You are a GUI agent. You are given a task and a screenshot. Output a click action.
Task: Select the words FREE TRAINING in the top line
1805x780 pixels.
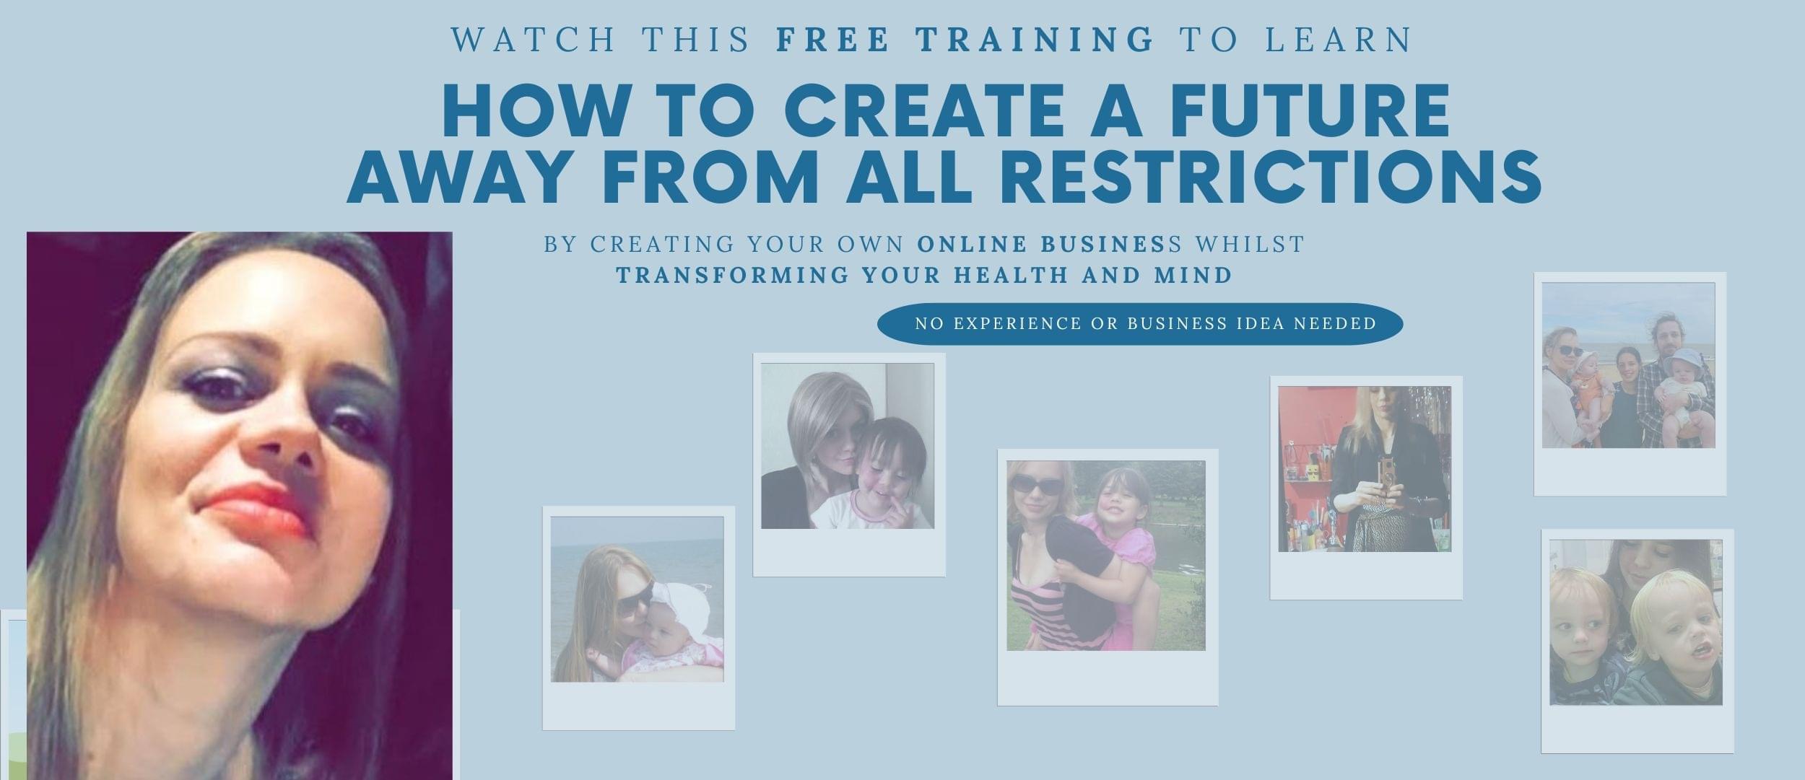point(966,40)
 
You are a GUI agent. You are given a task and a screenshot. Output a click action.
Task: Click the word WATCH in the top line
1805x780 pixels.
point(534,40)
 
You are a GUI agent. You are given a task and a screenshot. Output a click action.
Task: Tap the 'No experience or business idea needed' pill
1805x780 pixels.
point(1140,323)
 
